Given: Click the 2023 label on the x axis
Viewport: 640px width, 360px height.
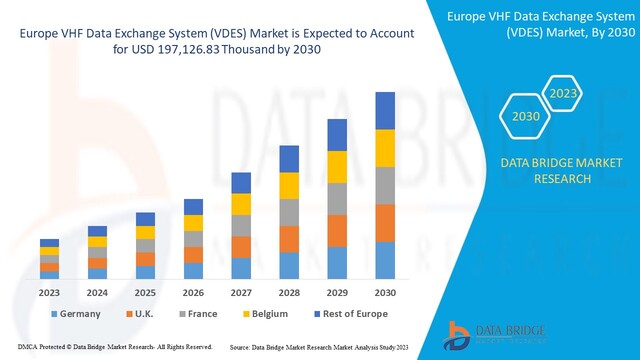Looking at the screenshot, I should click(49, 293).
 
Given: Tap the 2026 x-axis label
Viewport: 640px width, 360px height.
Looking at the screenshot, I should click(193, 293).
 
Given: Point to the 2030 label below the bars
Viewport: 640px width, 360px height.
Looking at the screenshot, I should click(385, 293).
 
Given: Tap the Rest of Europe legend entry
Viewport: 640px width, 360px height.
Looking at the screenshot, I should click(345, 315).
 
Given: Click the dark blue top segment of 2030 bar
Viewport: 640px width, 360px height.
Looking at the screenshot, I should click(385, 110).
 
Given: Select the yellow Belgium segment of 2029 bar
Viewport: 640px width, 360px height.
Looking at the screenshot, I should click(337, 166).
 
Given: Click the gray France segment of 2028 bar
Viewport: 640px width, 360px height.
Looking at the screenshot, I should click(289, 212).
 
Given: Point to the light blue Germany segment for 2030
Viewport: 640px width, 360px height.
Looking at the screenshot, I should click(385, 260).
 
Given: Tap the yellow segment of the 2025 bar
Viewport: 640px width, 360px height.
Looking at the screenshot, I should click(145, 232).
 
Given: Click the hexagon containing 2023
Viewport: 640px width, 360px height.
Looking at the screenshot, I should click(561, 94).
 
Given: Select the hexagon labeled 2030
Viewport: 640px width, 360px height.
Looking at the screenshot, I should click(526, 117).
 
